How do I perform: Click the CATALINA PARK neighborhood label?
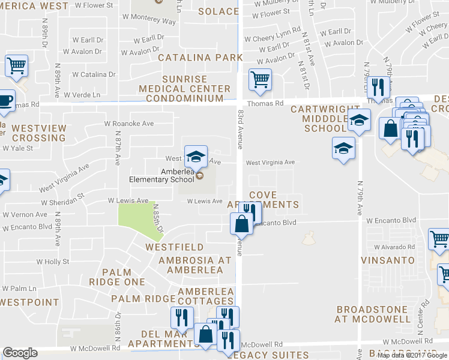click(200, 58)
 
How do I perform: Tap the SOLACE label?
click(218, 11)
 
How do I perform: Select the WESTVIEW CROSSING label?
click(38, 133)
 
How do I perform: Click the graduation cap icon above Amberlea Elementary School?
click(196, 157)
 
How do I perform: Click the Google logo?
click(20, 353)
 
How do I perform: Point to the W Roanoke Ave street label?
click(129, 124)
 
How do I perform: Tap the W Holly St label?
click(53, 262)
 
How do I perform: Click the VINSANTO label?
click(388, 260)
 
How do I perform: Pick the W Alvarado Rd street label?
click(394, 247)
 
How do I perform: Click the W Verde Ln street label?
click(82, 95)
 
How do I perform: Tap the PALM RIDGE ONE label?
click(117, 277)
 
